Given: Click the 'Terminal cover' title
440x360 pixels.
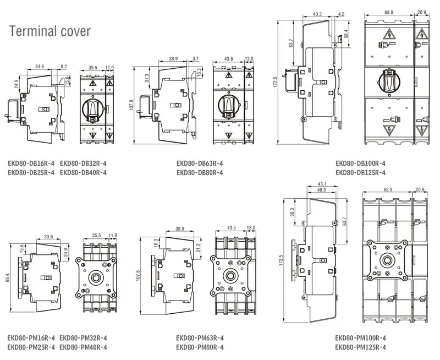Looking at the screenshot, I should point(50,30).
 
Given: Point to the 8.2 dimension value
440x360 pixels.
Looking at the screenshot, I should point(64,67).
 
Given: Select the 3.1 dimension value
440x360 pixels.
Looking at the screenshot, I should point(196,58).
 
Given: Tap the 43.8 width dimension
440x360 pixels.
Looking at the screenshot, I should point(229,59).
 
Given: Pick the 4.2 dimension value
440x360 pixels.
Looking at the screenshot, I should point(341,14).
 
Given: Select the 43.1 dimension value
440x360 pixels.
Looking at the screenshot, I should point(322,183).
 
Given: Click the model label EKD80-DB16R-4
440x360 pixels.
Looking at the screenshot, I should point(31,163).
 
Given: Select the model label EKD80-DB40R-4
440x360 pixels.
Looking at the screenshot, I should point(83,172).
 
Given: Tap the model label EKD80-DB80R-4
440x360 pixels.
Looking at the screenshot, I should point(200,172).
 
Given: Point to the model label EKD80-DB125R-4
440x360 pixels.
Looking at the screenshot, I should point(361,172).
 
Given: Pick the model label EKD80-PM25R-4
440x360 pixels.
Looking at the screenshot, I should point(31,347).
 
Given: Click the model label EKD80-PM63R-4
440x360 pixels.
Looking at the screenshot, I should point(200,338).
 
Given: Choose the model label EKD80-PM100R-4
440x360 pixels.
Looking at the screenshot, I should point(361,338).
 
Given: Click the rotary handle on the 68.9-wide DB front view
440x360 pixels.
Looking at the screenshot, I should point(390,81).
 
